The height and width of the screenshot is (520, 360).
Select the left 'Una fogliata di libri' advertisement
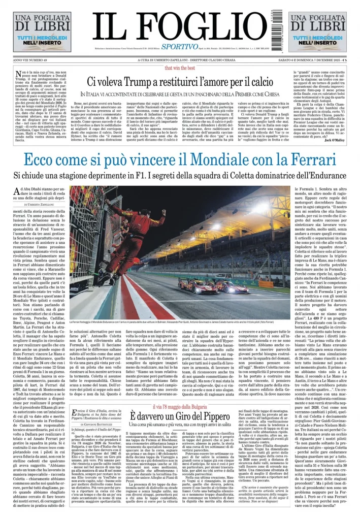[x=35, y=31]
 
